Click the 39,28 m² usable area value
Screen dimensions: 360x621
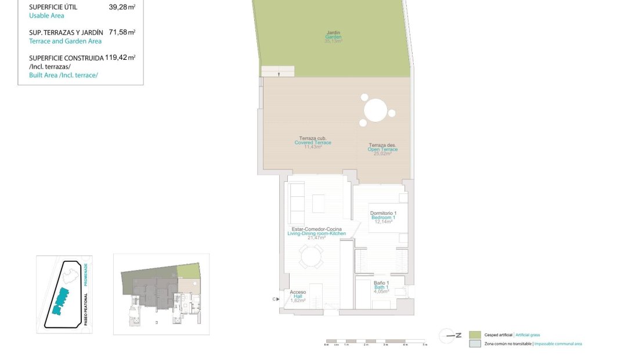tap(122, 8)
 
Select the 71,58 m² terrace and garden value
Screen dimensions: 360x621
tap(122, 33)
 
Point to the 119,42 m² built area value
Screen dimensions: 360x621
tap(120, 57)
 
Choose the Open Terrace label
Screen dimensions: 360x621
tap(382, 149)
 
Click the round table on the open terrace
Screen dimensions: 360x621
tap(376, 110)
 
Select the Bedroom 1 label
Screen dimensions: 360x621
tap(382, 217)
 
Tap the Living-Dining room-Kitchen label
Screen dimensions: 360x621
tap(316, 233)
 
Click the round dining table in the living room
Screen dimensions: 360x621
tap(312, 256)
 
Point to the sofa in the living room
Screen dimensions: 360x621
tap(297, 198)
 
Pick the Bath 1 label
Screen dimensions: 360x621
tap(381, 287)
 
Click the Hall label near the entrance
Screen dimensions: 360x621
tap(298, 296)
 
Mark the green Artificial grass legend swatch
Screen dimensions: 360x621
tap(475, 335)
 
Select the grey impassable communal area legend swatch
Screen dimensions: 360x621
tap(475, 344)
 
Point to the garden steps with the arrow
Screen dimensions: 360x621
tap(278, 71)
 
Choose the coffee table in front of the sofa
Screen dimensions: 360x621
tap(319, 203)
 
